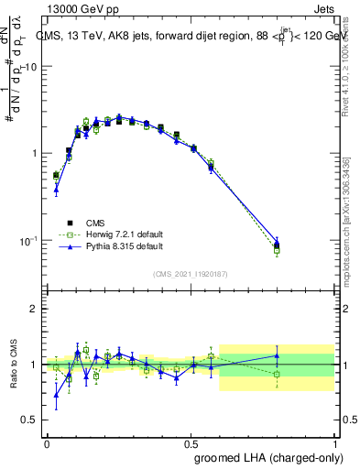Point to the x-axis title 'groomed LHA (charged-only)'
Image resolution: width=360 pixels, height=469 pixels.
tap(267, 457)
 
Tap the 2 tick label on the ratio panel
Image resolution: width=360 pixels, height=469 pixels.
tap(35, 309)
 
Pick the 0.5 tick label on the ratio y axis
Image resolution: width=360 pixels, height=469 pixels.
tap(30, 420)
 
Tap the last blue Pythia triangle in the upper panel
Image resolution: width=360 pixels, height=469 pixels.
tap(277, 242)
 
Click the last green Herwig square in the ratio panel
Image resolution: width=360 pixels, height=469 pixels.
tap(277, 374)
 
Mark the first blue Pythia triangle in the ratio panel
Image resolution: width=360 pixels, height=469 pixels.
tap(56, 396)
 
